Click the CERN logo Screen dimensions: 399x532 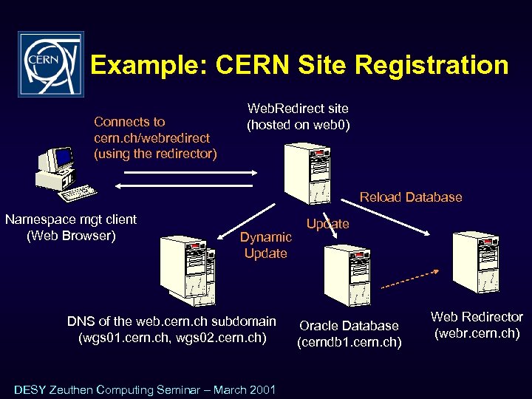pyautogui.click(x=50, y=64)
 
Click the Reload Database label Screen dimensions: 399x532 pyautogui.click(x=411, y=197)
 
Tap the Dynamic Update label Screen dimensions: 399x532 pyautogui.click(x=265, y=245)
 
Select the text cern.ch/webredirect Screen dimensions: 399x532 pyautogui.click(x=151, y=137)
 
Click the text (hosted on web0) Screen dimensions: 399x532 pyautogui.click(x=299, y=125)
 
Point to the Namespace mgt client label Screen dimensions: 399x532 pyautogui.click(x=71, y=219)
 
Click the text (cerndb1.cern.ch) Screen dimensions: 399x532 pyautogui.click(x=349, y=342)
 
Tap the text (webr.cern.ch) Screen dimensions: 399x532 pyautogui.click(x=477, y=333)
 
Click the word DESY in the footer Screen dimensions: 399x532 pyautogui.click(x=30, y=389)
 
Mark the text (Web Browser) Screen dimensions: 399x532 pyautogui.click(x=71, y=236)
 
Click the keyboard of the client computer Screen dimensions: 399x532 pyautogui.click(x=78, y=194)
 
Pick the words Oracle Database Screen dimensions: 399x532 pyautogui.click(x=349, y=326)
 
